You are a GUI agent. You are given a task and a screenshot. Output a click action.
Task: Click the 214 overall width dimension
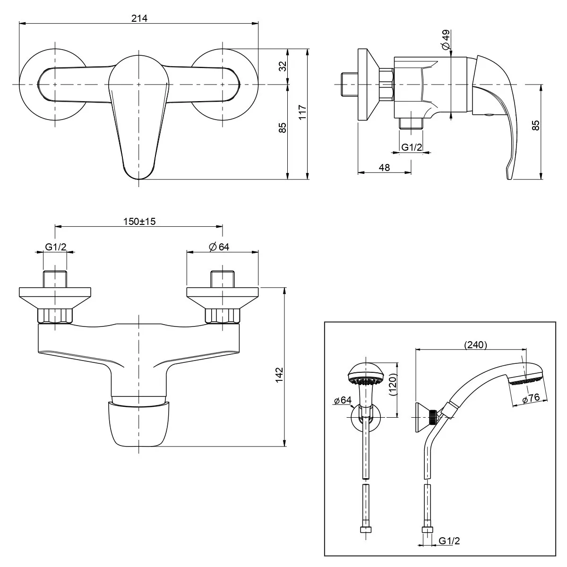(x=139, y=18)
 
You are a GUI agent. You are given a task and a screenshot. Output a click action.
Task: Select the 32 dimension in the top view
(x=283, y=66)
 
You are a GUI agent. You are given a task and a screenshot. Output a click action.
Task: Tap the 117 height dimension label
(x=303, y=112)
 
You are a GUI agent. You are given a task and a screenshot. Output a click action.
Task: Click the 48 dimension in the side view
(x=385, y=167)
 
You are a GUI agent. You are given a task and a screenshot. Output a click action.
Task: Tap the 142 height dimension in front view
(x=280, y=374)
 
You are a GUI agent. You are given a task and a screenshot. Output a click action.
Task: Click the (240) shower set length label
(x=475, y=345)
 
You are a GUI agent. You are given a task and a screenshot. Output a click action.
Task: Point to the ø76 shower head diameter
(x=531, y=399)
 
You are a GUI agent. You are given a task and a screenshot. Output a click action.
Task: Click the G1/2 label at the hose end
(x=449, y=541)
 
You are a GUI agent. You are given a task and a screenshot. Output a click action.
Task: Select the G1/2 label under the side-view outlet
(x=411, y=147)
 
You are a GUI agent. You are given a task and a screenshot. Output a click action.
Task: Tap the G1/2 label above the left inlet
(x=55, y=247)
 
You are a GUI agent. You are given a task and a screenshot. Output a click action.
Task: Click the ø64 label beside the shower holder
(x=343, y=401)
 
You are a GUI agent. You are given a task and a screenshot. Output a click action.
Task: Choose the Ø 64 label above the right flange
(x=218, y=247)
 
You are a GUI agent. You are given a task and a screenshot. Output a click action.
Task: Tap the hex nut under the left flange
(x=55, y=315)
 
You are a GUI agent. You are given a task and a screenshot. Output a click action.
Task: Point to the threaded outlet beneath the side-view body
(x=411, y=123)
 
